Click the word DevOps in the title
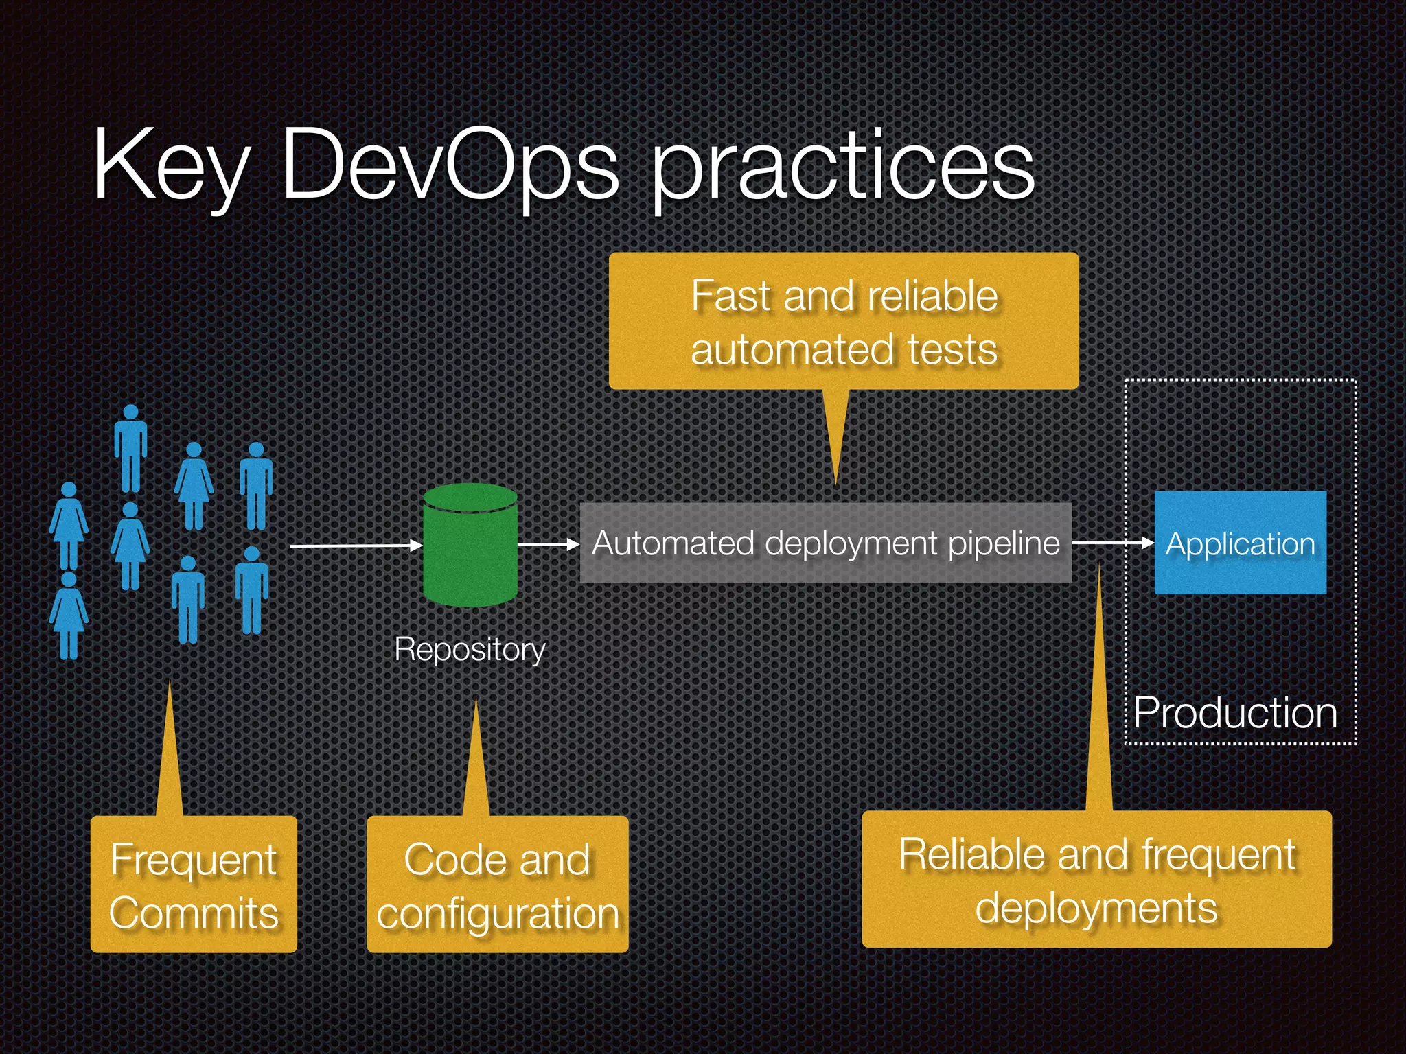450,165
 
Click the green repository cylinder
470,546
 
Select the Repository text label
470,649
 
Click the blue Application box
1240,543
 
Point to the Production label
1235,712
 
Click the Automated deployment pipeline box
825,543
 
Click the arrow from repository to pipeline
548,545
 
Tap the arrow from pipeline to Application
1112,543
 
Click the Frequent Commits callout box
194,884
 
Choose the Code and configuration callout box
498,884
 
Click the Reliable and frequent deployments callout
1096,880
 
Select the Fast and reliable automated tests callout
844,321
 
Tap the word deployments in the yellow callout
1096,909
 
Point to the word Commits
194,913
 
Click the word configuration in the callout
498,914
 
